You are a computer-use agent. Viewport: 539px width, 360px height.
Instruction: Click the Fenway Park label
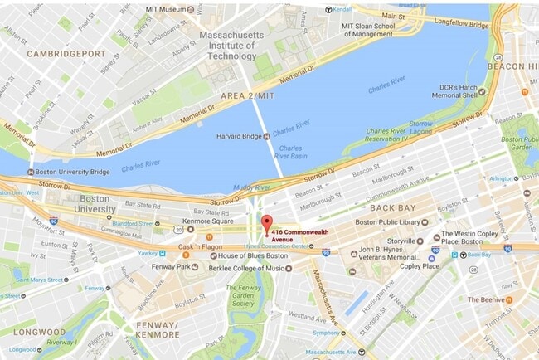pos(172,266)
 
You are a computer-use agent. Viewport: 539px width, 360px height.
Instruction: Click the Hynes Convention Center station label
pos(277,247)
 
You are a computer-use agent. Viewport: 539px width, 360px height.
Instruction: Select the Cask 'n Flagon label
pos(200,247)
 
